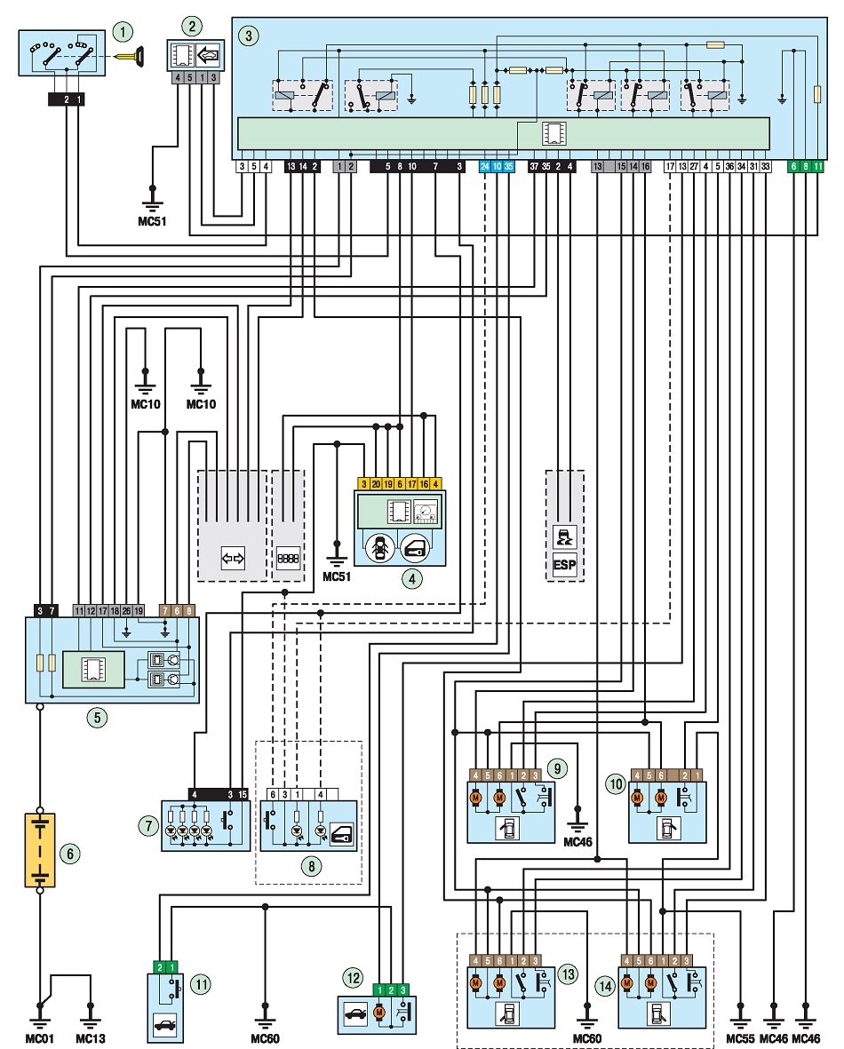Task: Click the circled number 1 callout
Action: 123,32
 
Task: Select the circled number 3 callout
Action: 249,36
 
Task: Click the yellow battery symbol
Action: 40,850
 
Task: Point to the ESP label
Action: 565,565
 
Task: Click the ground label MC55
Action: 740,1038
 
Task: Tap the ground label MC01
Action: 39,1038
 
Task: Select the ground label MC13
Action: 91,1038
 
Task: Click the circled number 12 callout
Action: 354,978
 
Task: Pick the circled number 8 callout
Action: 311,867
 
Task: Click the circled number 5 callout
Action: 97,719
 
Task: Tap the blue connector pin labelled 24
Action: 485,167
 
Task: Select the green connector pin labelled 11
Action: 818,167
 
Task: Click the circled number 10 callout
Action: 615,784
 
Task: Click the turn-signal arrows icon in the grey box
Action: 233,558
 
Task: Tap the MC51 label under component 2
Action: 152,221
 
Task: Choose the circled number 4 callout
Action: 412,579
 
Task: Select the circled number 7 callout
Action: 148,826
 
